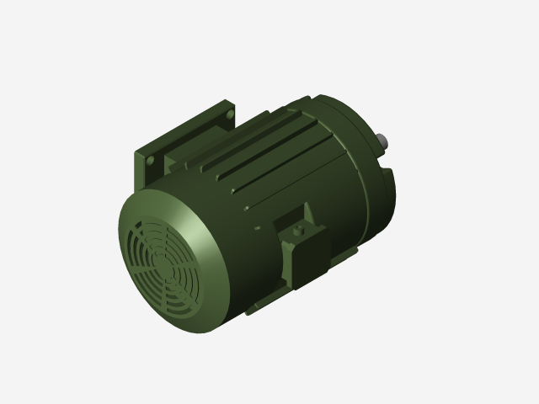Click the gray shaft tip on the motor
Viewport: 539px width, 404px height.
[x=384, y=139]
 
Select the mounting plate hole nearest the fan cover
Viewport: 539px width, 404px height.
[x=148, y=159]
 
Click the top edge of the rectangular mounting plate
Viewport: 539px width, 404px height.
[x=185, y=123]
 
